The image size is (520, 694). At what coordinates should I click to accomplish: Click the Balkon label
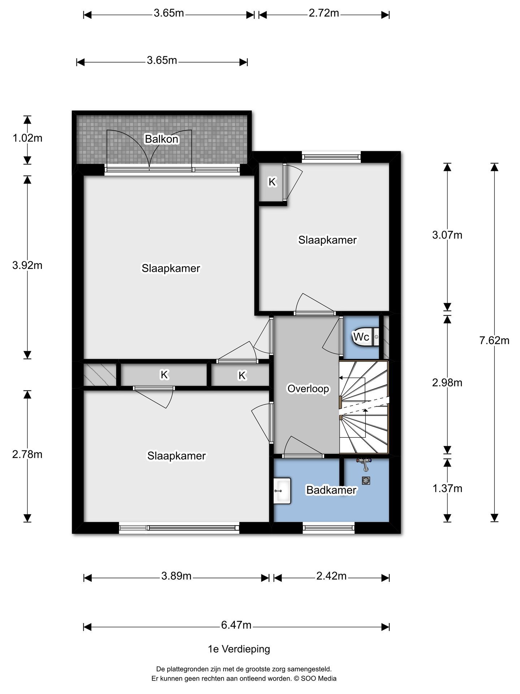point(161,139)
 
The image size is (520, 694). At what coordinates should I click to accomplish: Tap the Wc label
point(361,337)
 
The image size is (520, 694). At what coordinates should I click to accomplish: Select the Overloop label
point(308,389)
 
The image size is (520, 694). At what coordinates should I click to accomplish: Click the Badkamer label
point(331,490)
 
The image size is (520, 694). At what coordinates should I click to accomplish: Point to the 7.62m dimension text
point(494,340)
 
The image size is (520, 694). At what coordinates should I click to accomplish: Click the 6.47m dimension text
point(236,625)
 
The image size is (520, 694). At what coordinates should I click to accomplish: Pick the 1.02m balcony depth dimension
point(27,138)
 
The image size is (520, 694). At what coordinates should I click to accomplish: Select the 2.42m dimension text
point(331,576)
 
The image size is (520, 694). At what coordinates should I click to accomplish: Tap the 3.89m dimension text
point(176,576)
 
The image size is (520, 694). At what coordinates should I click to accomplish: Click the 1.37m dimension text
point(447,488)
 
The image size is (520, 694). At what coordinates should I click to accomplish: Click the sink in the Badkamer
point(282,491)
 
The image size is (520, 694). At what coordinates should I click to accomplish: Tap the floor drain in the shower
point(366,480)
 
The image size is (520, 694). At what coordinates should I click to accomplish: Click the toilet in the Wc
point(365,337)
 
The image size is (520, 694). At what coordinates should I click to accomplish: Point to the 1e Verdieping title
point(239,649)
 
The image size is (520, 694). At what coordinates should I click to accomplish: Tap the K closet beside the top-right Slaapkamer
point(271,182)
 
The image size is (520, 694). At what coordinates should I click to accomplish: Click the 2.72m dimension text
point(324,13)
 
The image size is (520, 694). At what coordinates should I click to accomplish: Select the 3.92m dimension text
point(27,265)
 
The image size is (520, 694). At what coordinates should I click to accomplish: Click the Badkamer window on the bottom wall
point(329,528)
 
